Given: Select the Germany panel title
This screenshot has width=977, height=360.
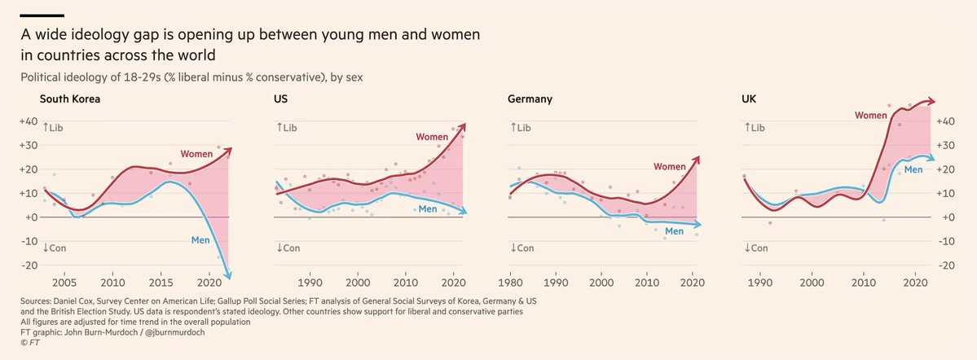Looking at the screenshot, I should tap(530, 99).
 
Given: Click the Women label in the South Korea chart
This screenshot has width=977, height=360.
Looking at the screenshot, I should tap(197, 153).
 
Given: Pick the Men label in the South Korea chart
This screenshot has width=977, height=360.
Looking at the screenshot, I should tap(200, 239).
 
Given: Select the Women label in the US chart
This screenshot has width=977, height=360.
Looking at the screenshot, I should tap(432, 136).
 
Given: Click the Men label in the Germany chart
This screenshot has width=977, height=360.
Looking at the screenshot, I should tap(673, 232).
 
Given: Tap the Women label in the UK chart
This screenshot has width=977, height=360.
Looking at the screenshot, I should tap(870, 116).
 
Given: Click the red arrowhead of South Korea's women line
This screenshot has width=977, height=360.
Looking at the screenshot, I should tap(229, 150).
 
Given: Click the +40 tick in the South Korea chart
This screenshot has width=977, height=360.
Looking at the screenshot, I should tap(29, 121).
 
